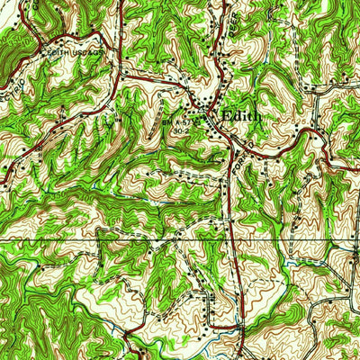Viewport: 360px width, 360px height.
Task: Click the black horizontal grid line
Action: coord(180,241)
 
